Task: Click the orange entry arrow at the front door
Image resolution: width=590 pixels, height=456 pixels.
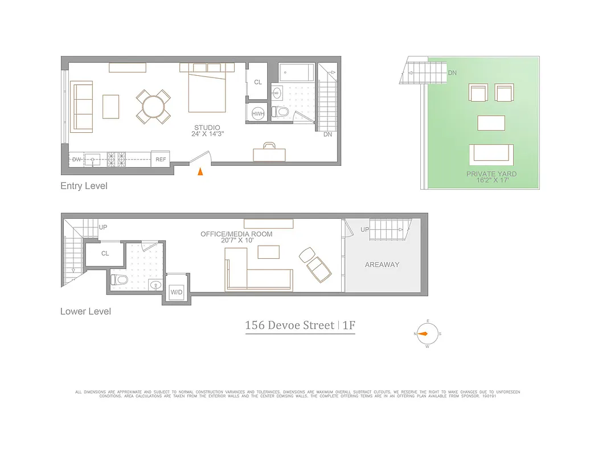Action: tap(200, 171)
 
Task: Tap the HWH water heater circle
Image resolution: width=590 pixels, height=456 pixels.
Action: tap(257, 114)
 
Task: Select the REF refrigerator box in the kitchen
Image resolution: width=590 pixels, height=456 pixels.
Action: tap(161, 160)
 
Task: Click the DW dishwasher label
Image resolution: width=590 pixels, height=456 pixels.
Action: tap(76, 160)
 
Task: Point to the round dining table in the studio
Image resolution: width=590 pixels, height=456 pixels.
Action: tap(153, 106)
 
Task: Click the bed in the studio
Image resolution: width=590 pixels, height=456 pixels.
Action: tap(207, 91)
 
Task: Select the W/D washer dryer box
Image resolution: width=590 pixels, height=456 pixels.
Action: tap(177, 292)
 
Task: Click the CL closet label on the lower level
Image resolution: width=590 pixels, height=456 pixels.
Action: tap(105, 254)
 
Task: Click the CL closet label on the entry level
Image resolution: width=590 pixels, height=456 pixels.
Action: tap(258, 82)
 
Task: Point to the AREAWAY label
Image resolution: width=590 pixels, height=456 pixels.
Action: tap(382, 264)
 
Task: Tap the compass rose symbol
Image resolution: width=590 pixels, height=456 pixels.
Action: tap(427, 334)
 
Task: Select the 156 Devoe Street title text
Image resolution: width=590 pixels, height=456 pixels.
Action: tap(290, 325)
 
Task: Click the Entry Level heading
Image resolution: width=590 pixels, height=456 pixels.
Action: tap(84, 186)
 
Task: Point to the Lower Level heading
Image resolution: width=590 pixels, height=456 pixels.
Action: tap(85, 311)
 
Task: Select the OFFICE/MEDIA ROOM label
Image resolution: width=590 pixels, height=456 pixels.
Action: tap(236, 234)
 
